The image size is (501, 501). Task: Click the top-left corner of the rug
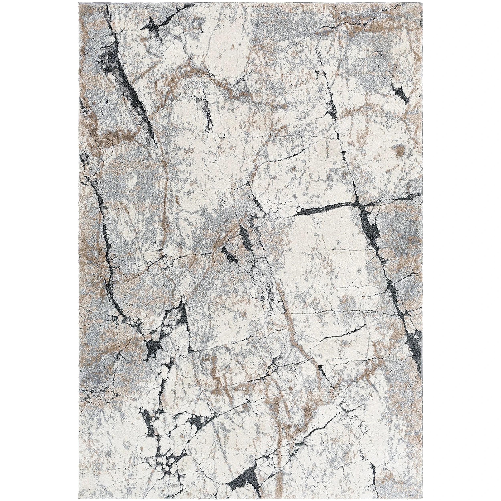click(79, 4)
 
